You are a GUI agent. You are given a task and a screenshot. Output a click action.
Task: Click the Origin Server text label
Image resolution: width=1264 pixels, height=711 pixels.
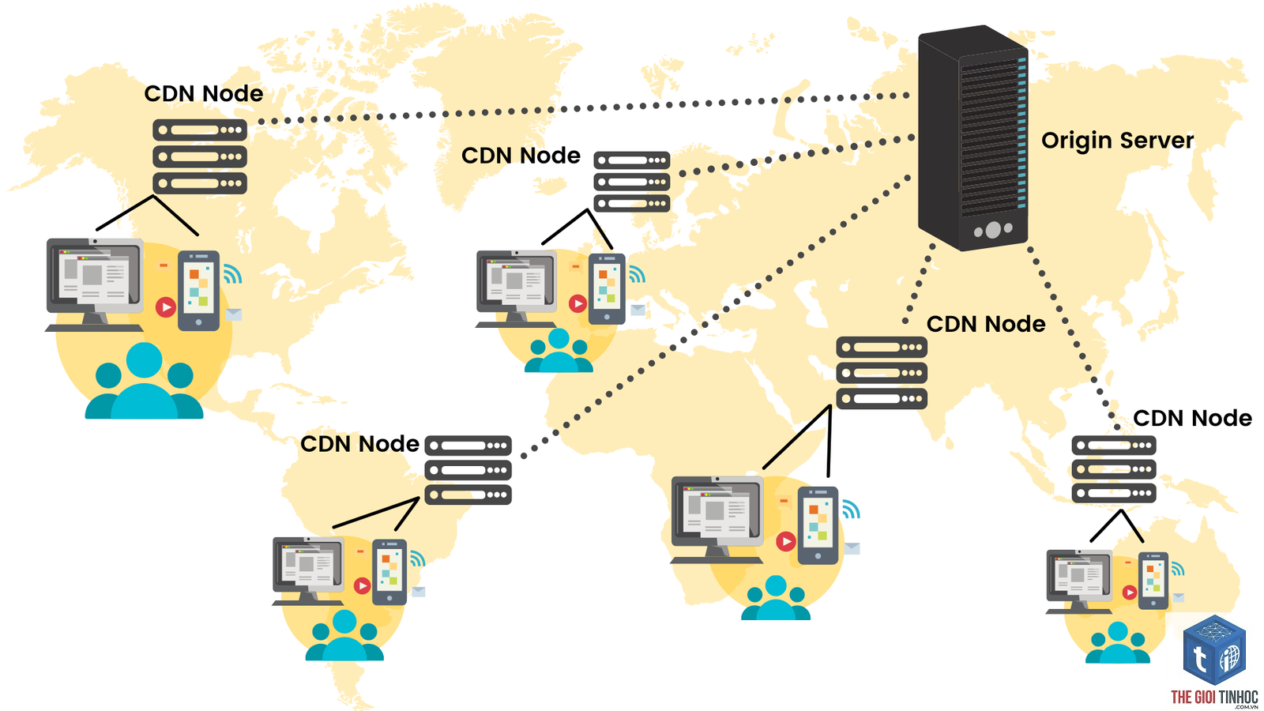pos(1117,141)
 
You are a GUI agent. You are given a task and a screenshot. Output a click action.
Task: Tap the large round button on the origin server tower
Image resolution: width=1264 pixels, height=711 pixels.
pos(993,230)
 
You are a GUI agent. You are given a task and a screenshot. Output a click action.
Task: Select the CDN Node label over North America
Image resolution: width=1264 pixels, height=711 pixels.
pos(204,94)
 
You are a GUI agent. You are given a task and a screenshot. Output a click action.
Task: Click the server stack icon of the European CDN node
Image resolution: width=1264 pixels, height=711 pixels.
pos(631,182)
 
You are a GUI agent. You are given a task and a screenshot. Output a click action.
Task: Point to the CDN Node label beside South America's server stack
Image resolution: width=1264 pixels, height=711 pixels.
pos(360,444)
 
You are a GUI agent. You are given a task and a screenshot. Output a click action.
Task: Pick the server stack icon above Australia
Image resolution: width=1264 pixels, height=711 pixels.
pos(1114,469)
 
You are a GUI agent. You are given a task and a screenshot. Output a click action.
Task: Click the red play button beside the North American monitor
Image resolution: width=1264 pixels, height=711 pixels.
pos(166,307)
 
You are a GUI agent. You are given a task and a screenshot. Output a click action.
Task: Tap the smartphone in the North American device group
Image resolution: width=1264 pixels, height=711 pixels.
pos(198,291)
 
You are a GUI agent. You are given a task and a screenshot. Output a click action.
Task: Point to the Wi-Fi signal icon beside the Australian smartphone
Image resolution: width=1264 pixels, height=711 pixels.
pos(1177,568)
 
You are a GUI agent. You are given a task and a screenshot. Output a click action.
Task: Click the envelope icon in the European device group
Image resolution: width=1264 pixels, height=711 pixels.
pos(638,309)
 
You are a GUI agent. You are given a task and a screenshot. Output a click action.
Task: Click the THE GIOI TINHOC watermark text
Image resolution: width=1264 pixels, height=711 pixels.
pos(1213,698)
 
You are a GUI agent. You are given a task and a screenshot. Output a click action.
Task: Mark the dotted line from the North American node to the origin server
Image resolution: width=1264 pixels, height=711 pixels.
pos(583,107)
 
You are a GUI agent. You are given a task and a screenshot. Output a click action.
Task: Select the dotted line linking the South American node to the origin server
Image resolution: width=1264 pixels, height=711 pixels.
pos(716,317)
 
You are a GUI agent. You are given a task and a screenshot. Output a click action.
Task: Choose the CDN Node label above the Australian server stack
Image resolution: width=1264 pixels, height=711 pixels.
pos(1192,419)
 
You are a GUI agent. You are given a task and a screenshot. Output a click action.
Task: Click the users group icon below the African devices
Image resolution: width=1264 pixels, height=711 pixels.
pos(775,597)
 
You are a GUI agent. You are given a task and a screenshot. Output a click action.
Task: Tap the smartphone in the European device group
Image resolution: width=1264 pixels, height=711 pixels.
pos(607,289)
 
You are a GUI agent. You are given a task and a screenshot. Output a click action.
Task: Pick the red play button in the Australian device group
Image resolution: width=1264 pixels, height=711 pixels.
pos(1129,592)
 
